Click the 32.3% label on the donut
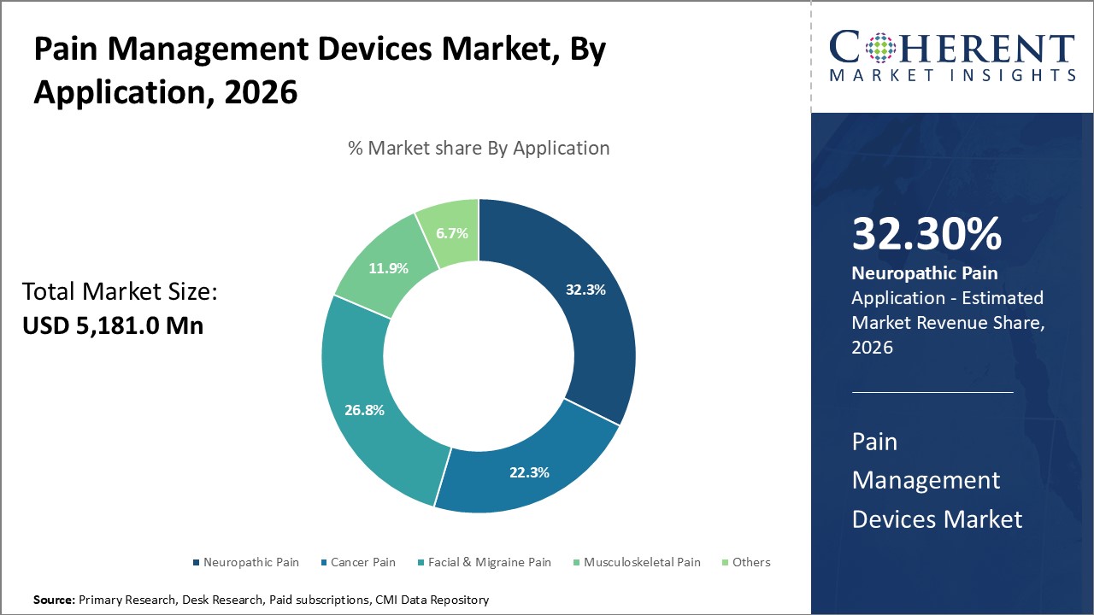(585, 290)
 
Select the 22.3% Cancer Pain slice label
(529, 471)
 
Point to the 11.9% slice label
(388, 267)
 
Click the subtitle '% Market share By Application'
(479, 148)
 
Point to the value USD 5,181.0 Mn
(113, 325)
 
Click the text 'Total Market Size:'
(121, 292)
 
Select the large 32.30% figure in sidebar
(926, 234)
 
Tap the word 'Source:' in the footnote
(54, 600)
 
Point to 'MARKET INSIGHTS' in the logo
(952, 75)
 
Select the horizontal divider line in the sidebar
(932, 392)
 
